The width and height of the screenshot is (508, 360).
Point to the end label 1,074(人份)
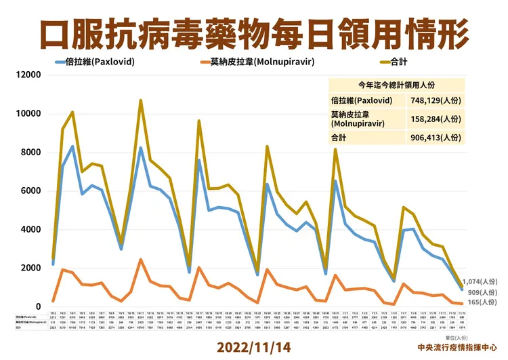coord(480,281)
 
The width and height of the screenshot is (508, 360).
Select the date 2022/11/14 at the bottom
coord(254,346)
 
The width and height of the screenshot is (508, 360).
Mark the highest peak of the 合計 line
coord(140,100)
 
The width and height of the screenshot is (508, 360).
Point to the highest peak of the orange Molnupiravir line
coord(140,260)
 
